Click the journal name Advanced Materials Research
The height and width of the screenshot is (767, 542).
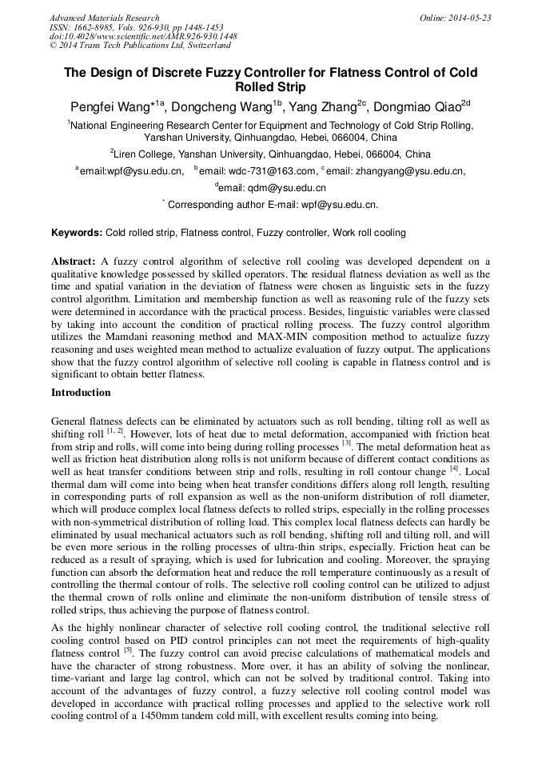pos(104,18)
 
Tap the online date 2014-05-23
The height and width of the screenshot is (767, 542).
pos(467,18)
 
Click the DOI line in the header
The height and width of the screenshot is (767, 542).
pos(143,37)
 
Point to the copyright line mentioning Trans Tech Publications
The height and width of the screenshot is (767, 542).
pos(140,46)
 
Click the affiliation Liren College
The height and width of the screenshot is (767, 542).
pos(143,154)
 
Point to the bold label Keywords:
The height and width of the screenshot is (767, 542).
pos(77,233)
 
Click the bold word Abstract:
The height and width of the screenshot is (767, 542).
pos(74,262)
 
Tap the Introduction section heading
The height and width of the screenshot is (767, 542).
pos(81,393)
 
